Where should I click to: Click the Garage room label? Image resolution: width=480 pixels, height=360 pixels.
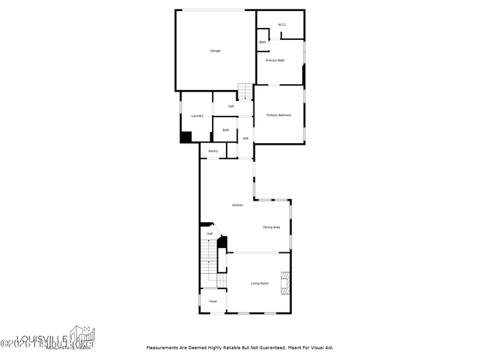[x=215, y=51]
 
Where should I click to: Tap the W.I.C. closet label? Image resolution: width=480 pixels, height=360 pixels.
[x=282, y=25]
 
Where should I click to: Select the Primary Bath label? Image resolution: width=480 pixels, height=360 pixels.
[x=275, y=60]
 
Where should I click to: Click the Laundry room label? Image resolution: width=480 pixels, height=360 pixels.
[x=196, y=116]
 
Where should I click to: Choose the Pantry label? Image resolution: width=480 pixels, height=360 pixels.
[x=213, y=151]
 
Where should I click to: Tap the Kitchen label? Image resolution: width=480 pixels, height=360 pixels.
[x=238, y=205]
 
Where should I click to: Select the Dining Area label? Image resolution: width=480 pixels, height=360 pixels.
[x=271, y=227]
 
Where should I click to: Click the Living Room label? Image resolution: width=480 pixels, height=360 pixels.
[x=259, y=283]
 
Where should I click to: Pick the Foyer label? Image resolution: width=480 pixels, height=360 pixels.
[x=213, y=302]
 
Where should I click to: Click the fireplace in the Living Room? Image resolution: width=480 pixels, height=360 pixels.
[x=284, y=283]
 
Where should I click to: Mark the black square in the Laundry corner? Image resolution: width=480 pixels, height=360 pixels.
[x=186, y=137]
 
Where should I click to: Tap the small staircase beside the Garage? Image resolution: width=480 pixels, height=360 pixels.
[x=245, y=91]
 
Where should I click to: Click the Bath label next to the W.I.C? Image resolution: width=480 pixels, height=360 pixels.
[x=262, y=42]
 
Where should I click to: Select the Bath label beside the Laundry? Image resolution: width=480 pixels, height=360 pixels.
[x=225, y=131]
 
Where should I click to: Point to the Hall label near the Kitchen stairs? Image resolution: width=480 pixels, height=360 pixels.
[x=210, y=234]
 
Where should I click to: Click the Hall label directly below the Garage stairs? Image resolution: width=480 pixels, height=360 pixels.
[x=231, y=106]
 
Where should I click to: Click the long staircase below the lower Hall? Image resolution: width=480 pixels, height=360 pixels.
[x=210, y=262]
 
